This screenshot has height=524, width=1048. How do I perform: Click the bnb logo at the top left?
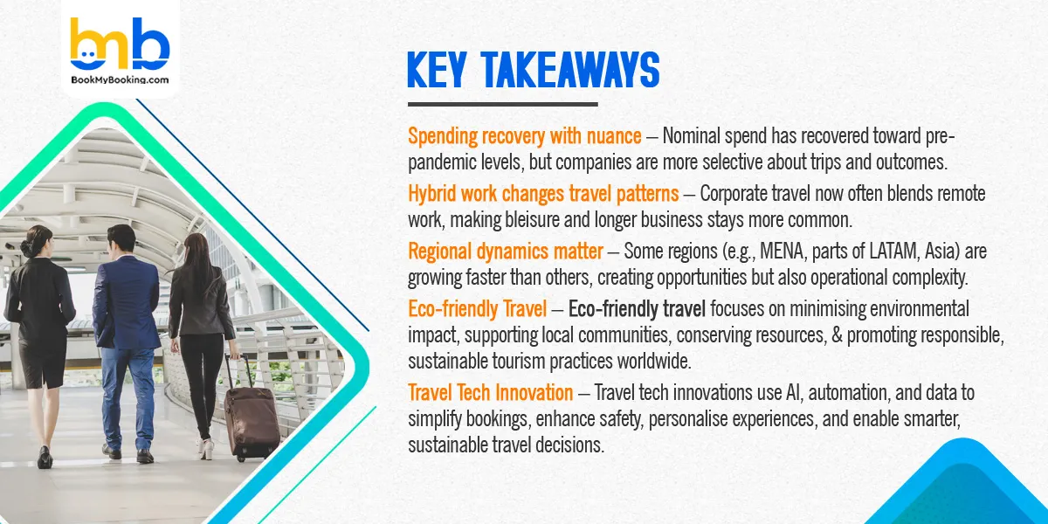pos(119,46)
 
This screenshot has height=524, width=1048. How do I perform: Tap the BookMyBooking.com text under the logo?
pos(120,80)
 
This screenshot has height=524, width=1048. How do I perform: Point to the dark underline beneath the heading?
pos(502,105)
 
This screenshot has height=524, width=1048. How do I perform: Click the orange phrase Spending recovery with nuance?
pos(525,136)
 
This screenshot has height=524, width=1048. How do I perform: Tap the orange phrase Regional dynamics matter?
pos(505,252)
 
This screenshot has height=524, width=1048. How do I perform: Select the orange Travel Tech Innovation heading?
pos(491,392)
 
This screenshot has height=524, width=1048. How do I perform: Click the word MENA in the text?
pos(803,252)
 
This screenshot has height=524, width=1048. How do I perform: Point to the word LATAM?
pos(903,252)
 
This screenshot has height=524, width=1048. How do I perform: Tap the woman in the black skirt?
pos(38,332)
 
